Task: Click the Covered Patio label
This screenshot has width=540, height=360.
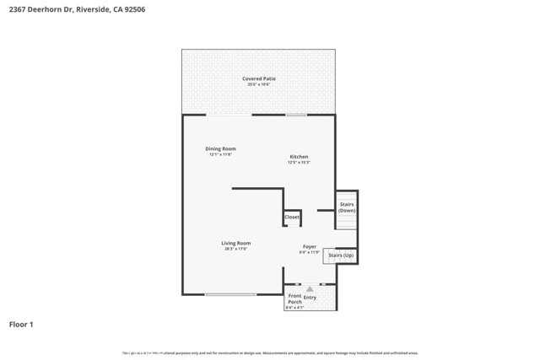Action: tap(258, 78)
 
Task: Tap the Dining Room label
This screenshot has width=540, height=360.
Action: tap(220, 149)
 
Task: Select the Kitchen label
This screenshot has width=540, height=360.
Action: tap(299, 157)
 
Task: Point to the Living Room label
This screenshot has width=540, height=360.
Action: tap(236, 243)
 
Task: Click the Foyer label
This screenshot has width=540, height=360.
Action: tap(310, 247)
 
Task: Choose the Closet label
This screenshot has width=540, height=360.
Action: tap(292, 218)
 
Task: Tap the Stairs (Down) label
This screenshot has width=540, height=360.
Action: tap(347, 207)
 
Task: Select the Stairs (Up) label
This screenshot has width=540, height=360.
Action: tap(341, 255)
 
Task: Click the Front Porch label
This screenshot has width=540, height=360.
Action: tap(294, 298)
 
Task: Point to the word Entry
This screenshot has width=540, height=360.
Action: tap(310, 298)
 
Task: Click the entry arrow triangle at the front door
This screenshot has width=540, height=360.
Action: tap(310, 289)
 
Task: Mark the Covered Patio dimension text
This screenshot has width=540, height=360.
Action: tap(258, 84)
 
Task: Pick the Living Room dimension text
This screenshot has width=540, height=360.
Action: tap(236, 249)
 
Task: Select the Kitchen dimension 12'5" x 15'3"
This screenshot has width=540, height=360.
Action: tap(299, 163)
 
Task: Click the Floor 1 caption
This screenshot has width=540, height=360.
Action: tap(21, 324)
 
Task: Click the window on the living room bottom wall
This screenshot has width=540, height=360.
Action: tap(230, 294)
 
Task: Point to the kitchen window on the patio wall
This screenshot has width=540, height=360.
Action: tap(296, 115)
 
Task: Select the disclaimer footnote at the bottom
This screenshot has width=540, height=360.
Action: tap(270, 353)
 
